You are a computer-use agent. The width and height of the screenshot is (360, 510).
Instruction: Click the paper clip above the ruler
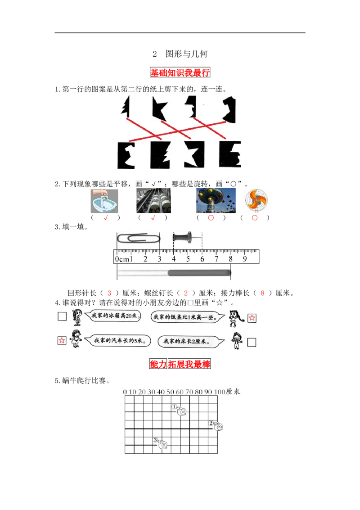[138, 238]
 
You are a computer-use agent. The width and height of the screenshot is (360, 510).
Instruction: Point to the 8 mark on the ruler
[230, 259]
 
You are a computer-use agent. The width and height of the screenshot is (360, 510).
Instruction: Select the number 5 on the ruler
[188, 259]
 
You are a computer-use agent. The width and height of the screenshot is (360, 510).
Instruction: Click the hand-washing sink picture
[104, 201]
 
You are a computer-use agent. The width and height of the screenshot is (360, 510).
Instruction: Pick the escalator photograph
[153, 201]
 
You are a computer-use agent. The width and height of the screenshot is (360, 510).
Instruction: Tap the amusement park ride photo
[216, 201]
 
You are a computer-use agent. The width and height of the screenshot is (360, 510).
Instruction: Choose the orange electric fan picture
[255, 201]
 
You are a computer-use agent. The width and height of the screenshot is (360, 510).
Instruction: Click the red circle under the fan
[255, 218]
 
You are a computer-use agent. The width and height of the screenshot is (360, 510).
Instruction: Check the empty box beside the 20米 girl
[62, 316]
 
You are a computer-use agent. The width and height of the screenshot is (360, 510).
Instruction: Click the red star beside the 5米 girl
[62, 341]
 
